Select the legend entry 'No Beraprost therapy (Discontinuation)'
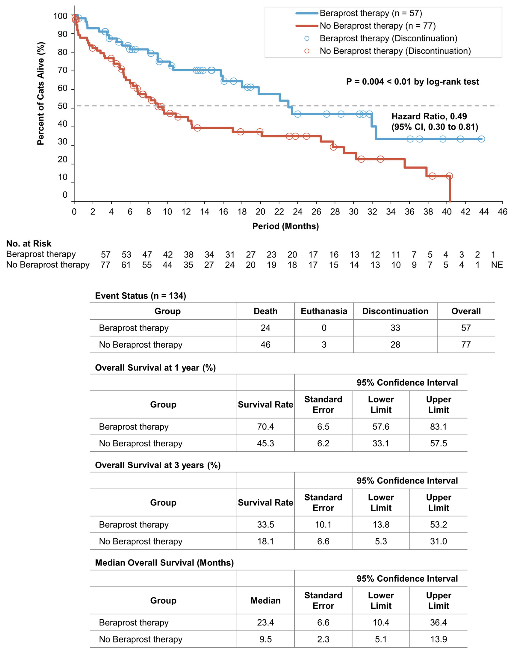pos(395,51)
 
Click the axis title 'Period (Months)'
pos(285,226)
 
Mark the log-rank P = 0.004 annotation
pos(412,82)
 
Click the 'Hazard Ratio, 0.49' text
pos(429,116)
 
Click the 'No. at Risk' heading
pos(29,244)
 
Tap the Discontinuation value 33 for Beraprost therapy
pos(395,328)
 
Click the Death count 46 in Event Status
pos(265,345)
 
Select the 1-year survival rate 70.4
pos(265,426)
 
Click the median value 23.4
pos(265,622)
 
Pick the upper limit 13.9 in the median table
pos(438,639)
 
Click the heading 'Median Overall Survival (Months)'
pos(164,563)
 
